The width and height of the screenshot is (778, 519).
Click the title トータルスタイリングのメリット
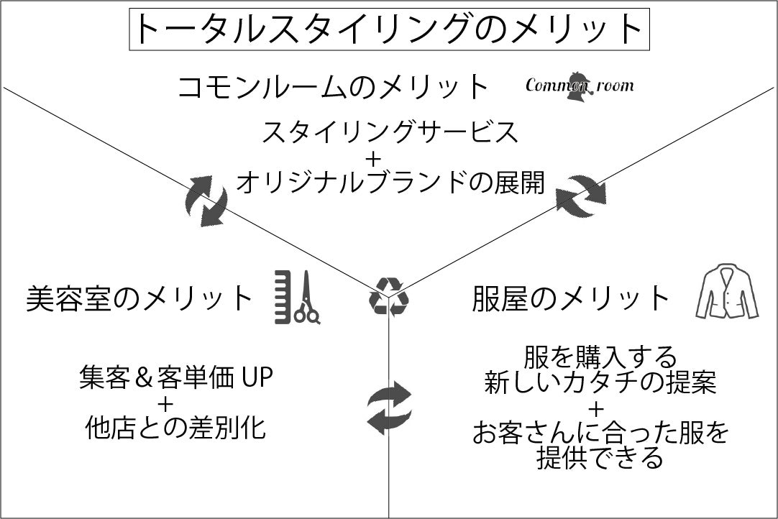(x=388, y=29)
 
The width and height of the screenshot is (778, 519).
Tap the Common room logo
(x=580, y=85)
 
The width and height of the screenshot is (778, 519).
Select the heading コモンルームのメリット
(x=333, y=88)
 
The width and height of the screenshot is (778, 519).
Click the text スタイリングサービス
(x=390, y=132)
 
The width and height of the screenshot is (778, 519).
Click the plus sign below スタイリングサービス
(x=390, y=157)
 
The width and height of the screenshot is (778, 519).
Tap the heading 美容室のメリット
(x=139, y=298)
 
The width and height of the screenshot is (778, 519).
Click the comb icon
(x=283, y=296)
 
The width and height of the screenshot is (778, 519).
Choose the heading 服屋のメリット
(x=571, y=298)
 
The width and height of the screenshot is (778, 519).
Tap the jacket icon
(x=726, y=293)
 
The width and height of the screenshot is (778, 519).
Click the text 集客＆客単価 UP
(x=176, y=378)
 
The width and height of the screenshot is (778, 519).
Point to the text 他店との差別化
(x=176, y=429)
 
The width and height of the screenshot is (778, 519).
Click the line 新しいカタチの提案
(x=600, y=382)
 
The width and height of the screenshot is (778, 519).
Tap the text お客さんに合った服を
(x=600, y=433)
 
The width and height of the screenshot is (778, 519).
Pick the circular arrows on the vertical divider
(x=389, y=408)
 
